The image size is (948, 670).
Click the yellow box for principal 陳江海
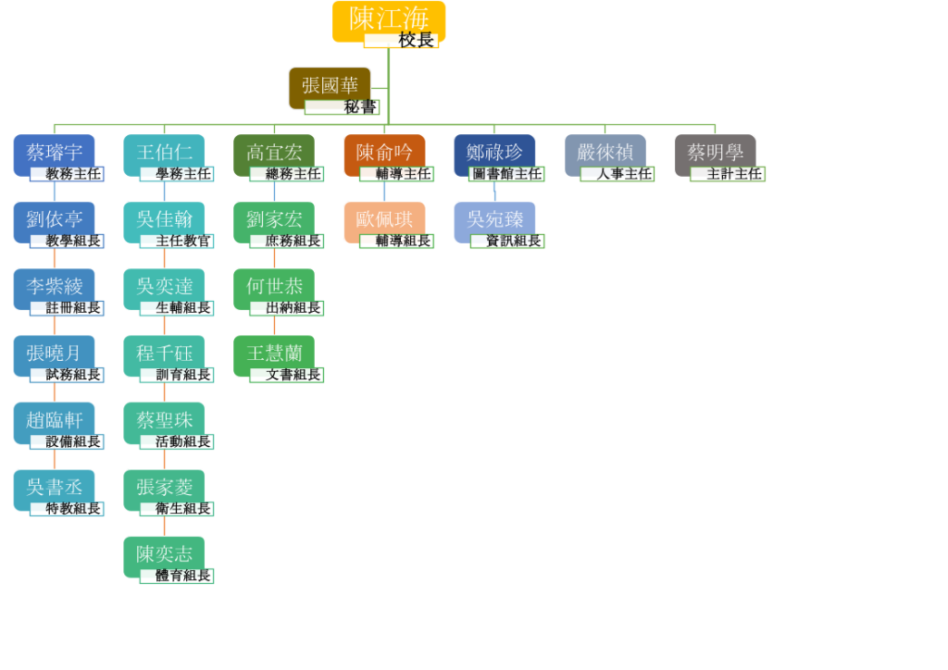coord(389,21)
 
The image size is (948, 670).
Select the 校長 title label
coord(402,41)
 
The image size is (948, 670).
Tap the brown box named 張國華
coord(330,88)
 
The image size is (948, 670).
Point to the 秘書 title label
coord(343,107)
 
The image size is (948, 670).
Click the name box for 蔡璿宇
coord(55,155)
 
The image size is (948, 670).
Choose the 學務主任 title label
coord(177,174)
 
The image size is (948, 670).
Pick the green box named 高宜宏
coord(274,155)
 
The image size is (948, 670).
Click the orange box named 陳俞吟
coord(384,155)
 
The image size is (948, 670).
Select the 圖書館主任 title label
coord(506,174)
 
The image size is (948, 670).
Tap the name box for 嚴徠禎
coord(605,155)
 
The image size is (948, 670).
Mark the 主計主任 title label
coord(728,174)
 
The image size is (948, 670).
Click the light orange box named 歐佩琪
coord(384,222)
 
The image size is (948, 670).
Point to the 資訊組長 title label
coord(508,241)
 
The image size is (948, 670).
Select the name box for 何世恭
coord(274,289)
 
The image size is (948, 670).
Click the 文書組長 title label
coord(287,375)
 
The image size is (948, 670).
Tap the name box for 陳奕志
coord(164,557)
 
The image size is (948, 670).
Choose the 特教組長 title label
coord(67,509)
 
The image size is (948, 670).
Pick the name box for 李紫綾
coord(55,289)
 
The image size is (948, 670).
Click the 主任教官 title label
coord(177,241)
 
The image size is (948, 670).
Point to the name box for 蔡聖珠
coord(164,423)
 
